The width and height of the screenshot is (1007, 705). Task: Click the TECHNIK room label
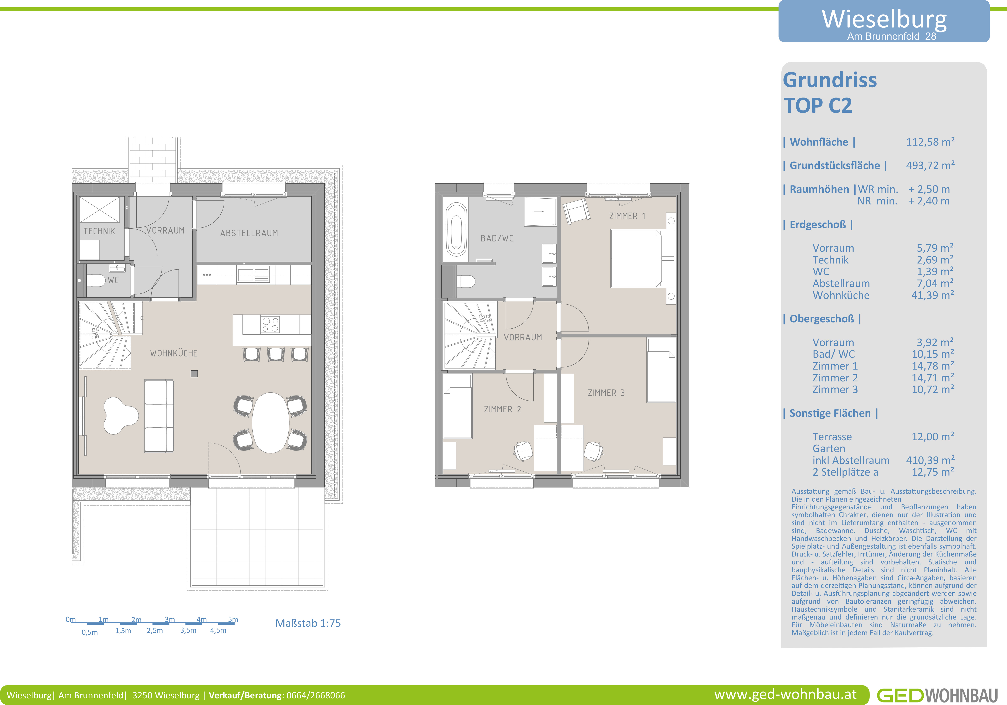pos(99,231)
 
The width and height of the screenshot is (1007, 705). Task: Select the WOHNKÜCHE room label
pos(174,353)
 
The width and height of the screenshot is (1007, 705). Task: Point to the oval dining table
pos(271,422)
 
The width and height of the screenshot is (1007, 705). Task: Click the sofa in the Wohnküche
pos(159,416)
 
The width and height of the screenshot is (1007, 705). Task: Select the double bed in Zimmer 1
pos(643,258)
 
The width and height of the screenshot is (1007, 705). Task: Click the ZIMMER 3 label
pos(606,393)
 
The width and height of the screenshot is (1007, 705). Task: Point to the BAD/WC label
pos(497,238)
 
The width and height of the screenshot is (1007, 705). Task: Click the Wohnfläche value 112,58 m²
pos(930,142)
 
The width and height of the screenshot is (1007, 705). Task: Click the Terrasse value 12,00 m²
pos(932,437)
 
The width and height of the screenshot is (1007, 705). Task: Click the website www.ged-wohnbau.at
pos(785,694)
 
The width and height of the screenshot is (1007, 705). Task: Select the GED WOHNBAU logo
pos(937,695)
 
